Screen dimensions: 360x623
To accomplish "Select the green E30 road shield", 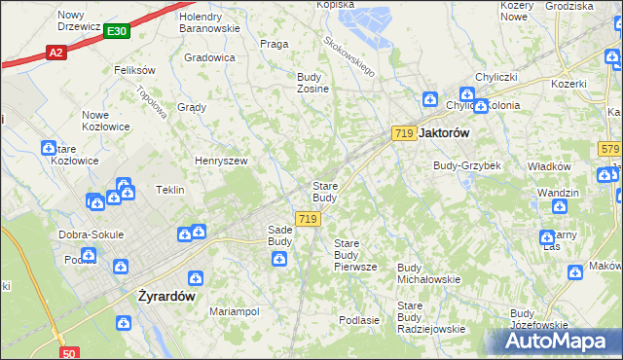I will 116,31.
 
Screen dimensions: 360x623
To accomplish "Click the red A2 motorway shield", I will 56,53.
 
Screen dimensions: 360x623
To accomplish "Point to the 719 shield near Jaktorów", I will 405,132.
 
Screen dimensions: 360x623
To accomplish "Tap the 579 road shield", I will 609,148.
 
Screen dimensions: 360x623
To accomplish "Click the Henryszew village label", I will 221,161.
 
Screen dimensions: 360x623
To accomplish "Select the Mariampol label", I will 235,311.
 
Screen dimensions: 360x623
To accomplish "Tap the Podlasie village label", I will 358,319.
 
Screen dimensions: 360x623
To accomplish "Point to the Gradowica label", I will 209,57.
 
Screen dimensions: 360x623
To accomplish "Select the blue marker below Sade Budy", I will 279,259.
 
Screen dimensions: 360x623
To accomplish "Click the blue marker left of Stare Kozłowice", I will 48,148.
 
